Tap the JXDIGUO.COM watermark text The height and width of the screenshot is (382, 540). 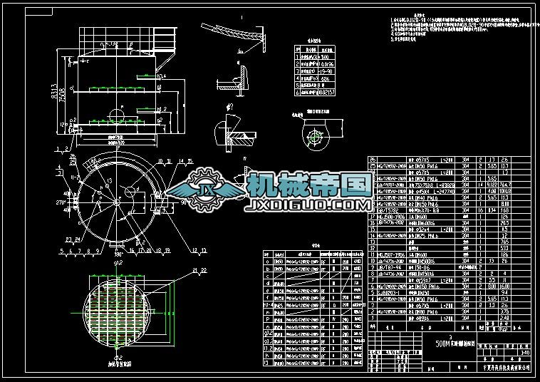click(x=307, y=205)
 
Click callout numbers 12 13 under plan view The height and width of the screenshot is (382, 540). click(x=191, y=249)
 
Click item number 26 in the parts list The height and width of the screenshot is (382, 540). click(x=372, y=160)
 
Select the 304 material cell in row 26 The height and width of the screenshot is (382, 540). click(x=466, y=160)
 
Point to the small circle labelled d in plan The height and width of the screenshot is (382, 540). click(x=126, y=191)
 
